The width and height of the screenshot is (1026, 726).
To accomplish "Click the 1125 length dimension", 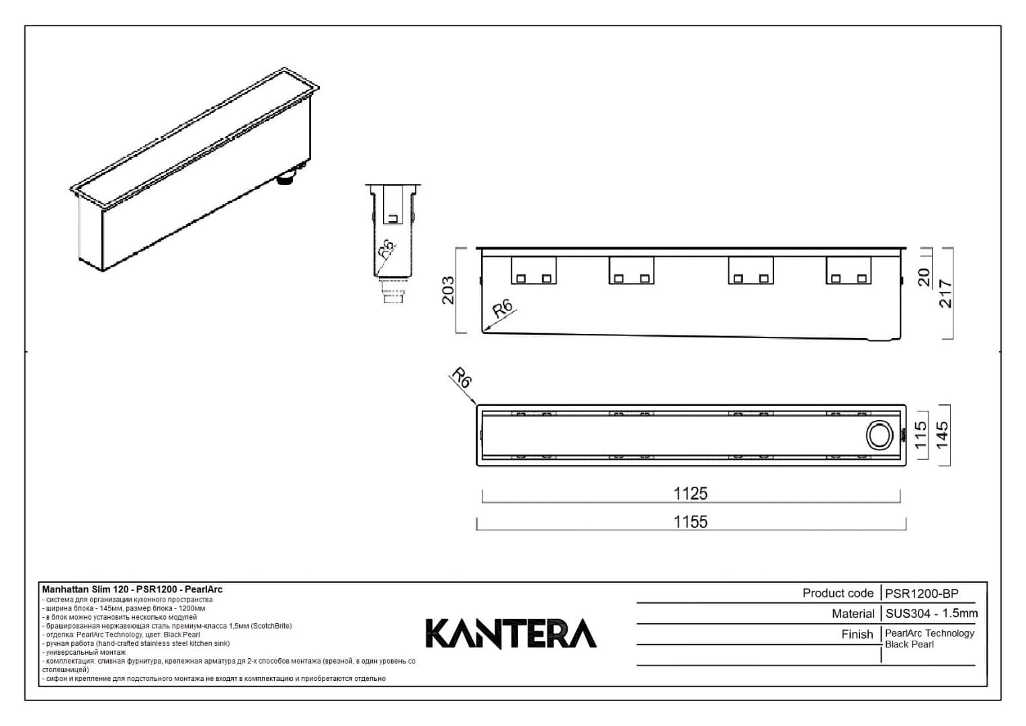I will click(x=690, y=493).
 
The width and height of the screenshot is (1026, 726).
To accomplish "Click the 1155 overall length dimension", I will click(x=690, y=522).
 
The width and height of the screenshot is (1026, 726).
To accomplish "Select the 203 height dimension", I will click(x=448, y=290).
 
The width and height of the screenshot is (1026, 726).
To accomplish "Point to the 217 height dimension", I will click(x=945, y=294).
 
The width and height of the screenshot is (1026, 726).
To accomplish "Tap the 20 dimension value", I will click(x=924, y=277).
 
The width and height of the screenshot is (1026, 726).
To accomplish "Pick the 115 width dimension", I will click(x=921, y=434).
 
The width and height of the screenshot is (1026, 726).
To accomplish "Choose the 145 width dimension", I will click(x=942, y=435).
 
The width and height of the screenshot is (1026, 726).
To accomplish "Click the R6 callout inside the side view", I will click(x=503, y=309).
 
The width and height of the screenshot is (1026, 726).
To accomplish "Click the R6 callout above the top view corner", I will click(x=461, y=377).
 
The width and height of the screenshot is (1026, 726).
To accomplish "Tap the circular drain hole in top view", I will click(x=878, y=435).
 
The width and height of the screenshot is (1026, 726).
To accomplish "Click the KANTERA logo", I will click(x=511, y=634).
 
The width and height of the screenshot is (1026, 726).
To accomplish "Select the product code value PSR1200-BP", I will click(x=921, y=594).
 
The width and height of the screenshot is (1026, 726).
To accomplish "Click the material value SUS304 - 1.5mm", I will click(x=931, y=613).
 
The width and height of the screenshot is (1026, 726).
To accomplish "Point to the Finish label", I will click(x=857, y=634).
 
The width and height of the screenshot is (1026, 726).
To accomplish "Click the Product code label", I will click(x=837, y=593).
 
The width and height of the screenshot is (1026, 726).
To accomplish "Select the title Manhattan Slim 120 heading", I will click(x=132, y=590).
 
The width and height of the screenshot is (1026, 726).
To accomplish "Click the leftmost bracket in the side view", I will click(x=533, y=271).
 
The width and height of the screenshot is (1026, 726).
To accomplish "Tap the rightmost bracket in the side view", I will click(x=849, y=271).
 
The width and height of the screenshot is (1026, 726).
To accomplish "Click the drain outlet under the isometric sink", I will click(x=288, y=179).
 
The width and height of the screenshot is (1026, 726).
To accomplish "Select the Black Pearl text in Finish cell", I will click(x=909, y=644).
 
